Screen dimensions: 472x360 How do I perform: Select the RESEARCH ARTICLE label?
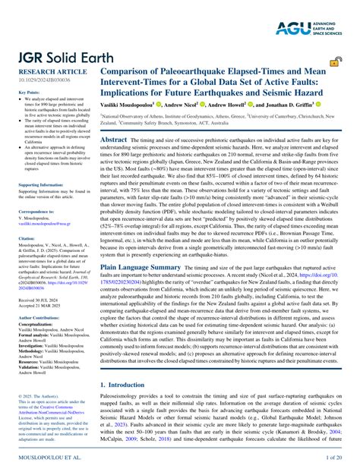[x=45, y=72]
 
